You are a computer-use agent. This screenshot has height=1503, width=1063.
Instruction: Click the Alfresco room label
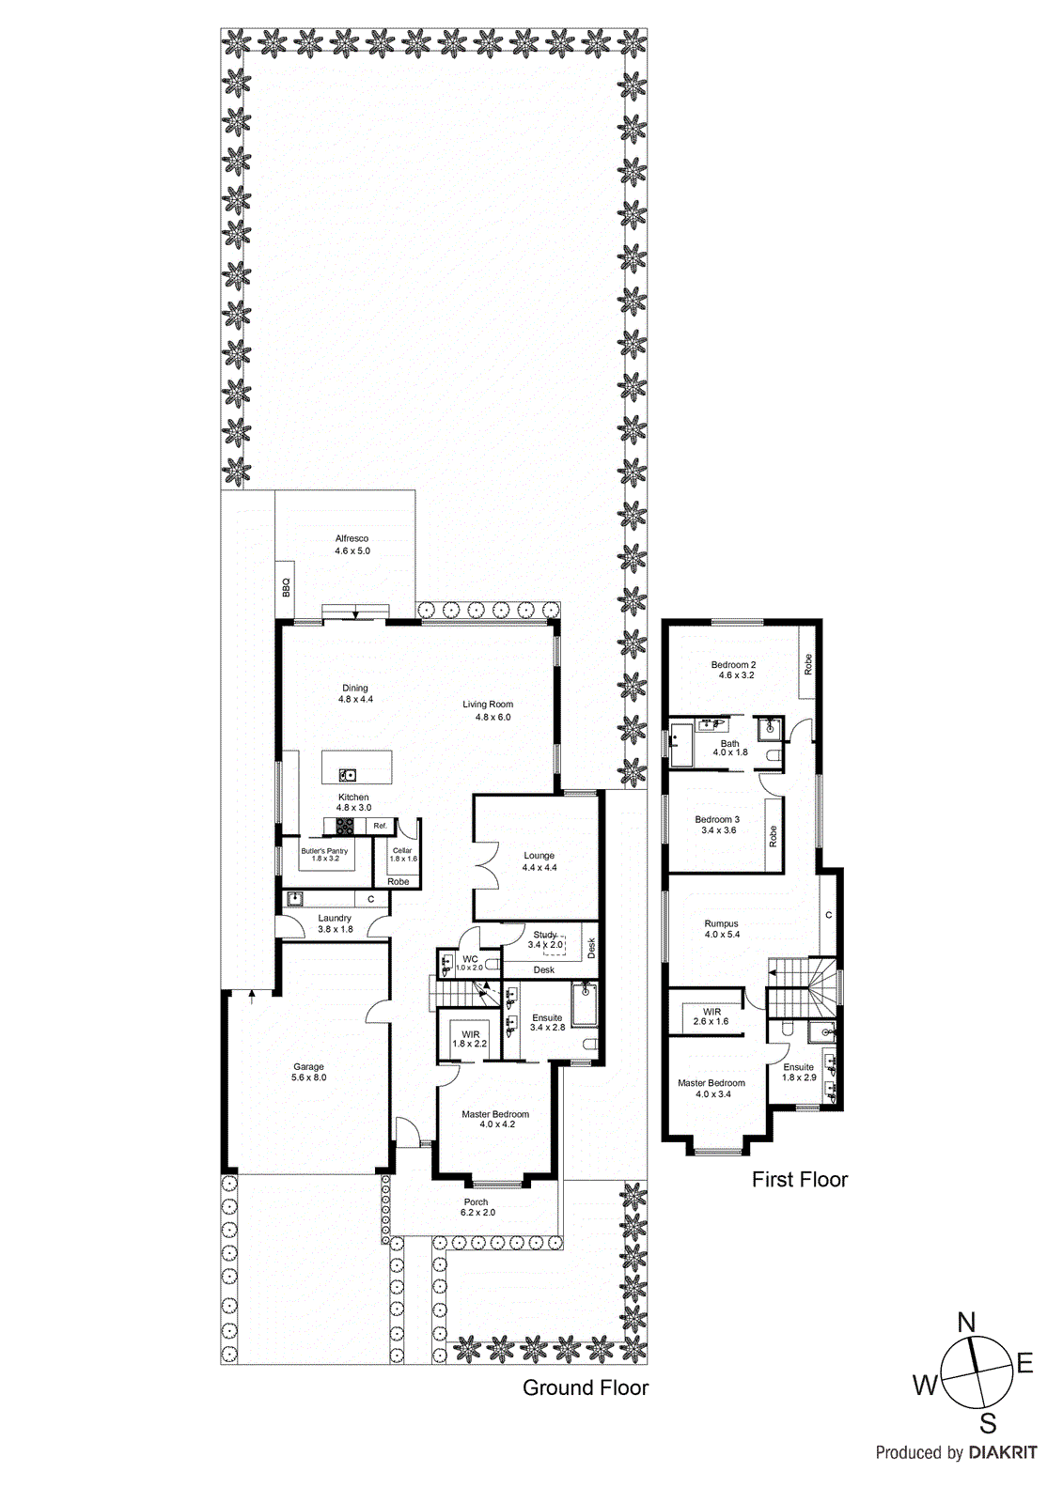point(352,539)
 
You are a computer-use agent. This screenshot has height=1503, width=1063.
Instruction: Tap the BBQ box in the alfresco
point(286,588)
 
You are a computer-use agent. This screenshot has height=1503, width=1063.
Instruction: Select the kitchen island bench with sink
point(357,767)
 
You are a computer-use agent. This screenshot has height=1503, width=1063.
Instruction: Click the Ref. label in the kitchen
point(380,826)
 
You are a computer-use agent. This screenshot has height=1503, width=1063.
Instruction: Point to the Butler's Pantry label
point(324,851)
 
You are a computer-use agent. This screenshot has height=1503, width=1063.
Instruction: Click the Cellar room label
point(402,851)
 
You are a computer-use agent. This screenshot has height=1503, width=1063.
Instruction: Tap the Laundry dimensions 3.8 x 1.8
point(336,930)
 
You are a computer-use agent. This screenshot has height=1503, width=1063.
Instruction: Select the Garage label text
point(308,1067)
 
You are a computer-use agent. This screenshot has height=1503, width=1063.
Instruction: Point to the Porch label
point(477,1202)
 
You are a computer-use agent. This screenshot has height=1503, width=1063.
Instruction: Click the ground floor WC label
point(470,959)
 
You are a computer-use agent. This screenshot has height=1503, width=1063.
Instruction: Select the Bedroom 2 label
point(733,665)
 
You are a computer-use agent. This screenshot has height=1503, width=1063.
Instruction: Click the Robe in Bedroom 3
point(774,835)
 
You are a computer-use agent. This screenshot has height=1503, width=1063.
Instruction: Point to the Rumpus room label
point(722,923)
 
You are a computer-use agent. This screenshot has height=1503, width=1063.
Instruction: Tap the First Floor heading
point(799,1180)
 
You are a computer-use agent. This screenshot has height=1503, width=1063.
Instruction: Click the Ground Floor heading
point(585,1387)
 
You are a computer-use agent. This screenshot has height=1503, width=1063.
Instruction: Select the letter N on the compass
point(966,1323)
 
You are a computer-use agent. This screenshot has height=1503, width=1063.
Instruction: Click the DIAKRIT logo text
point(1003,1452)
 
